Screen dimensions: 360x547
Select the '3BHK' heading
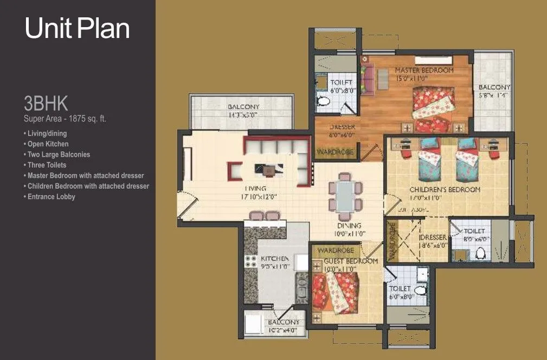[45, 104]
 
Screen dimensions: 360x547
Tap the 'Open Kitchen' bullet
[48, 144]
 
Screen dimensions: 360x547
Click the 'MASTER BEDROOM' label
[424, 70]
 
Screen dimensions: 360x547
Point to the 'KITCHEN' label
[274, 259]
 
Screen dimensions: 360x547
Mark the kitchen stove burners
[250, 262]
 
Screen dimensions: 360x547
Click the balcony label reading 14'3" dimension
[243, 111]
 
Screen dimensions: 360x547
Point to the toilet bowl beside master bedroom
[324, 101]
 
